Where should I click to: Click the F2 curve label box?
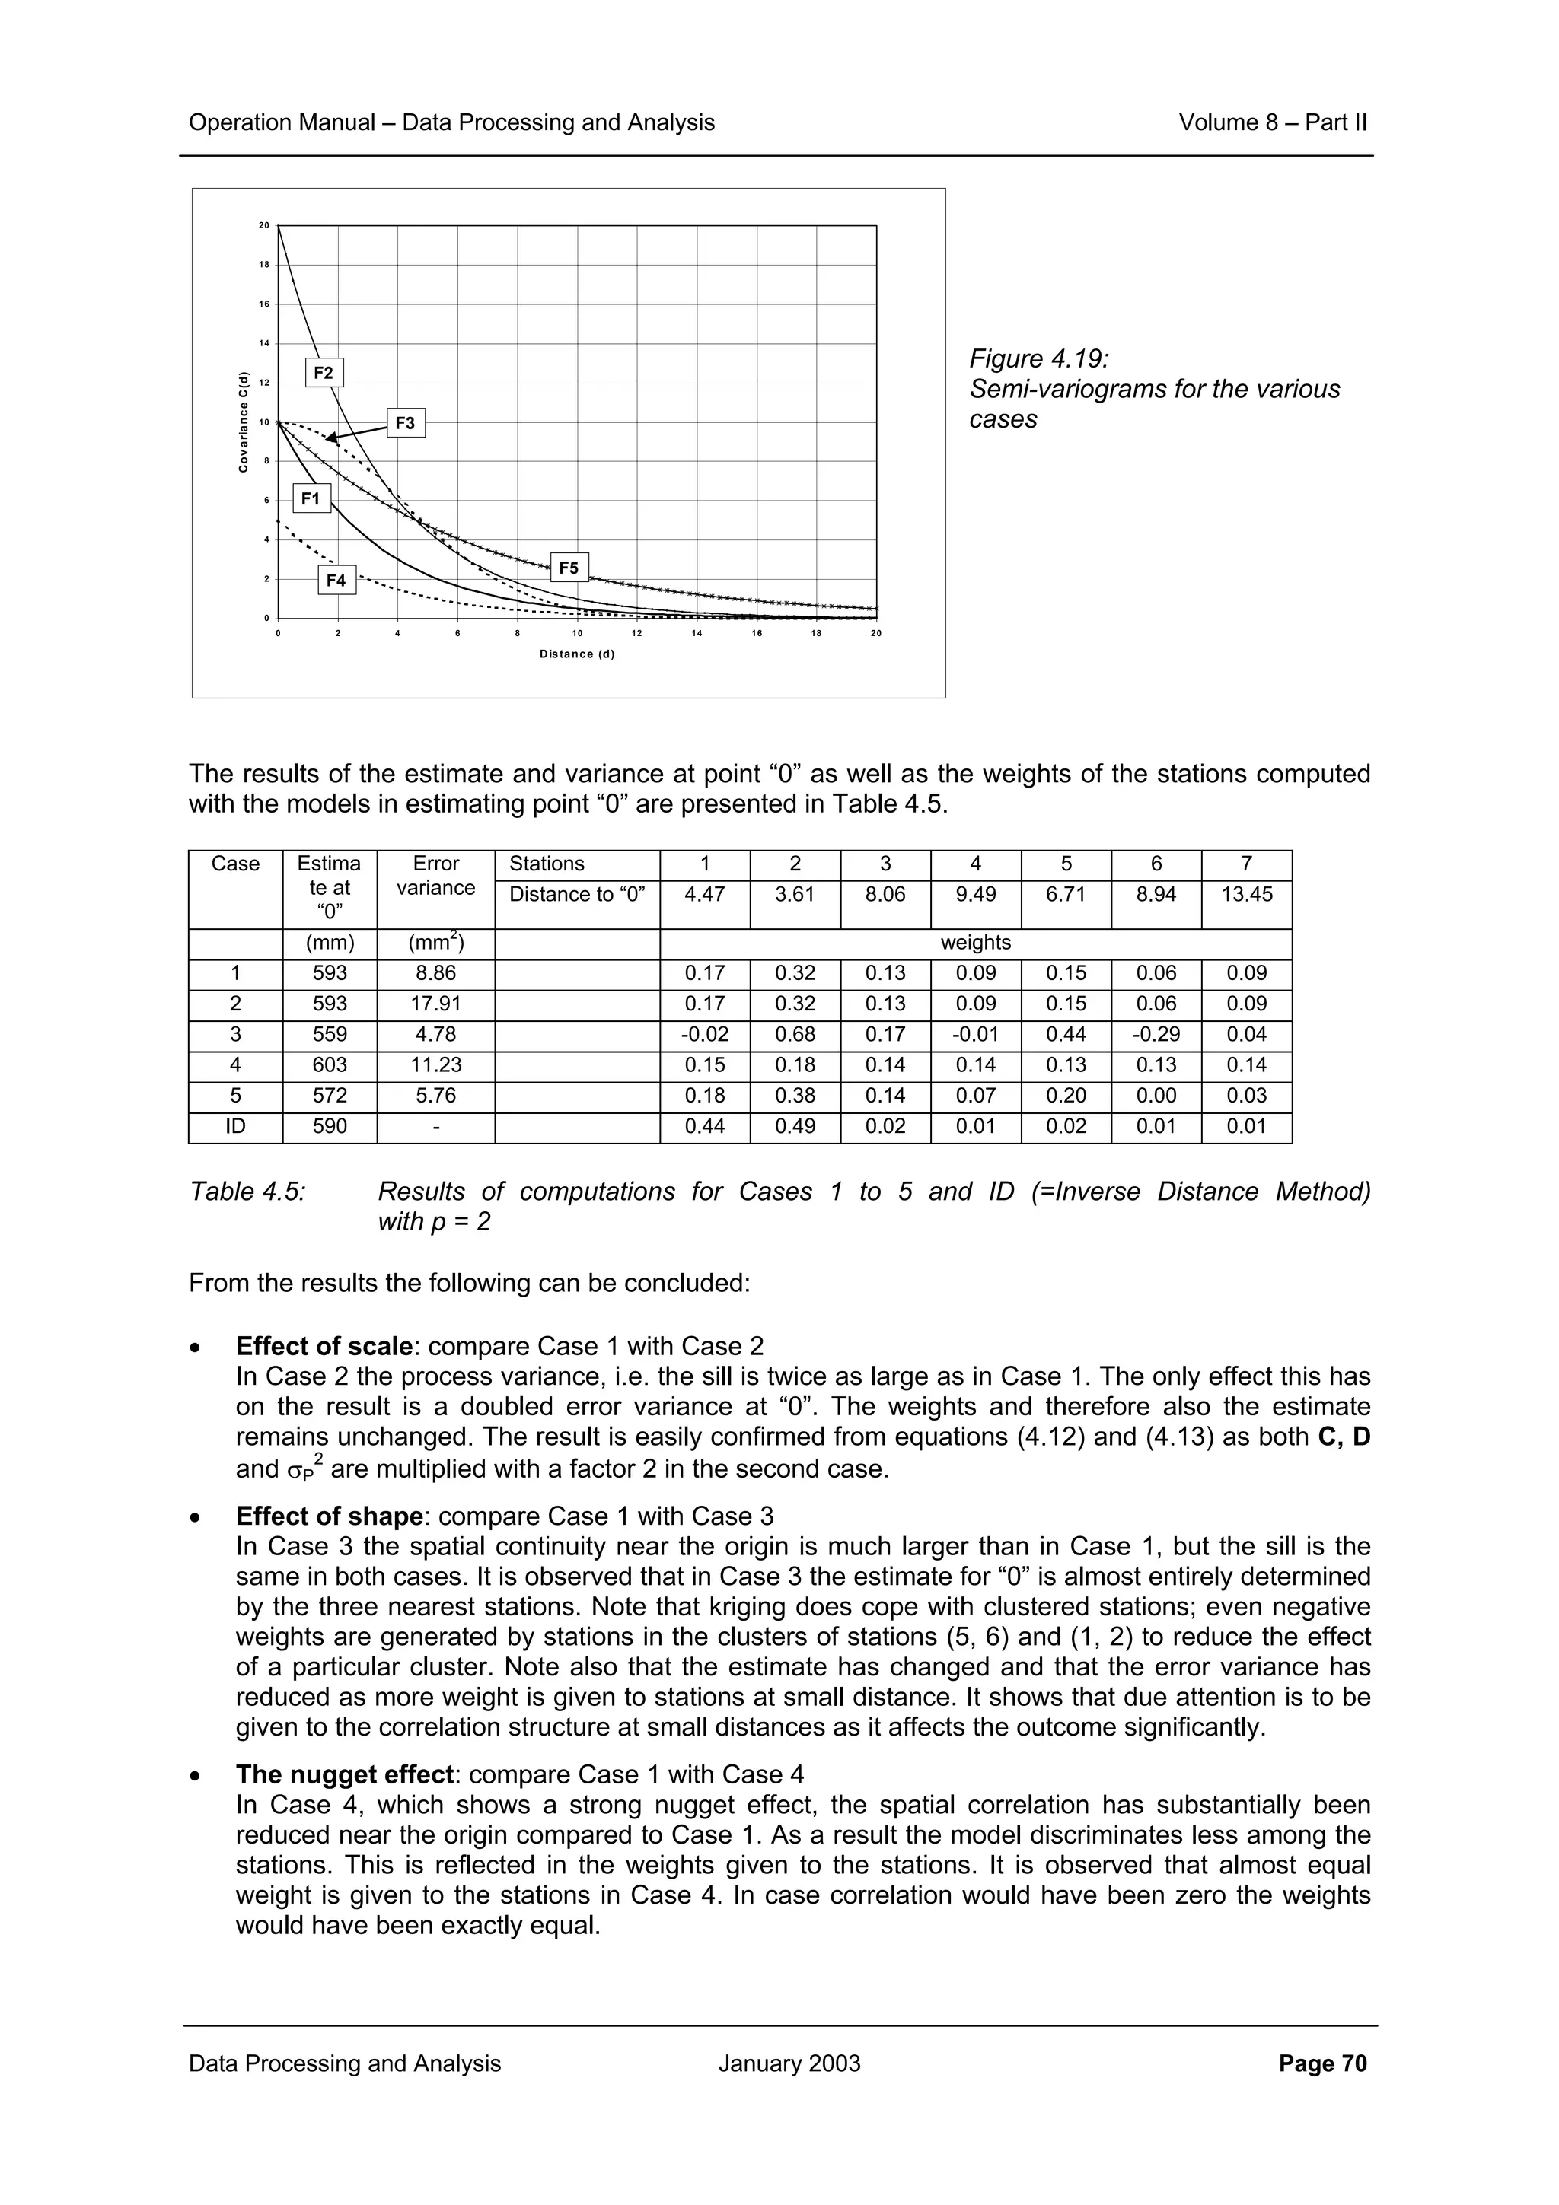coord(324,373)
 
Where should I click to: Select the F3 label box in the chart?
coord(406,422)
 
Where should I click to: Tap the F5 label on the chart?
coord(569,568)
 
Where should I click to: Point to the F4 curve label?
coord(336,580)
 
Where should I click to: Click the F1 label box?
coord(311,498)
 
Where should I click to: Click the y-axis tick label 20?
coord(263,226)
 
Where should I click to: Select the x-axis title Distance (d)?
coord(576,654)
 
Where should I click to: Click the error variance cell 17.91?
coord(435,1004)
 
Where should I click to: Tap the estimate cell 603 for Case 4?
coord(330,1065)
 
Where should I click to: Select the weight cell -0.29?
coord(1156,1034)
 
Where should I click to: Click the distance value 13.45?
coord(1246,894)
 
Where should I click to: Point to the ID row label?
coord(235,1127)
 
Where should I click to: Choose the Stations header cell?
coord(547,864)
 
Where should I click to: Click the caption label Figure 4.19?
coord(1038,359)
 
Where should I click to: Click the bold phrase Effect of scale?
coord(324,1347)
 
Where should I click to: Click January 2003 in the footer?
coord(789,2063)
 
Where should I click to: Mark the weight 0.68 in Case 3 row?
coord(795,1034)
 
